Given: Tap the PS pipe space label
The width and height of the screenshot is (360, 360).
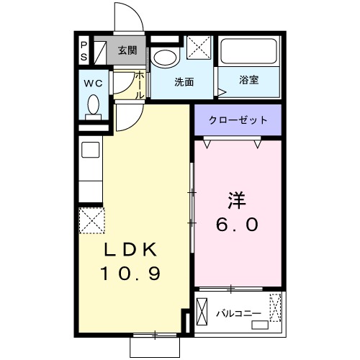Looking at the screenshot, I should (84, 50).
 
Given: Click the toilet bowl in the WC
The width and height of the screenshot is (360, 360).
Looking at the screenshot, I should (92, 106).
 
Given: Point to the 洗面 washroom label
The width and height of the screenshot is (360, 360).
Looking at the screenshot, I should (184, 81).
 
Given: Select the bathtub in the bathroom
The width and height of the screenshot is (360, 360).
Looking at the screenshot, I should (249, 52).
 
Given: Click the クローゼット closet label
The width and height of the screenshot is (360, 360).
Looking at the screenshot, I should (238, 120).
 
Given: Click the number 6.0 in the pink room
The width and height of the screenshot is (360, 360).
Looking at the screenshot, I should (237, 225).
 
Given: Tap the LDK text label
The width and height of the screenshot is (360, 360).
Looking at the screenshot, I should (130, 250).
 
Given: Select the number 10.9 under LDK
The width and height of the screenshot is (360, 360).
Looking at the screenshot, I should (130, 274).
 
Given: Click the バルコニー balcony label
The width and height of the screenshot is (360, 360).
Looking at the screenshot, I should (238, 313).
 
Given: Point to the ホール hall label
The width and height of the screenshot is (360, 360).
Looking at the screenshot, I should (140, 84).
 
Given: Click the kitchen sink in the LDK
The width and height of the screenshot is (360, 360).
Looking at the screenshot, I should (91, 151).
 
